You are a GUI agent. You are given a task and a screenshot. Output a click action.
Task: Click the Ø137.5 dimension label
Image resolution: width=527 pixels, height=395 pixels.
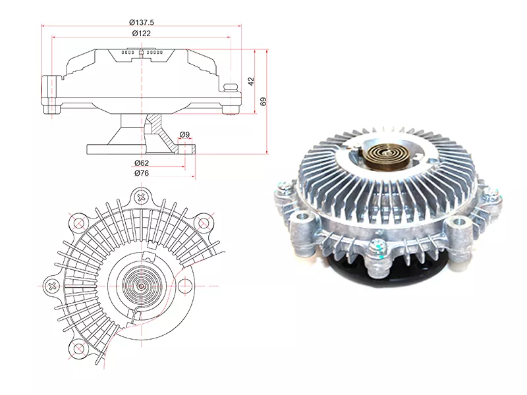click(x=142, y=22)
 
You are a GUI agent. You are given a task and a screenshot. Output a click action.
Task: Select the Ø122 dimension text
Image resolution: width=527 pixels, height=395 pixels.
click(x=142, y=34)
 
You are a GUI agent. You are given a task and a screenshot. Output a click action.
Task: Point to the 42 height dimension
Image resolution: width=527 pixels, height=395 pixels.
click(x=251, y=81)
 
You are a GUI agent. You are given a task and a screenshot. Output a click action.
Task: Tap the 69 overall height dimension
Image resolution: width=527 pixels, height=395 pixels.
click(x=263, y=101)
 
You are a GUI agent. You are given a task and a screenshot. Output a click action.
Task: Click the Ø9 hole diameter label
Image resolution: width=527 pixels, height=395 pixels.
click(x=184, y=134)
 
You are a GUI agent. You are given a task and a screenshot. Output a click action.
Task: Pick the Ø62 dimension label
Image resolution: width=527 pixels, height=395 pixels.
click(x=142, y=163)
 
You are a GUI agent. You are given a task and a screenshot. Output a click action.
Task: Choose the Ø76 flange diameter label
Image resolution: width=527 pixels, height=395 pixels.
click(x=142, y=173)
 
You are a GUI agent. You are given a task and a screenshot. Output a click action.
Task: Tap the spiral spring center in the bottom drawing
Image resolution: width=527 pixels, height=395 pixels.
click(x=142, y=286)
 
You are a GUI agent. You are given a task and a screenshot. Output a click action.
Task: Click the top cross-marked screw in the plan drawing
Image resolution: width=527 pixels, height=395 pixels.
click(x=142, y=197)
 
